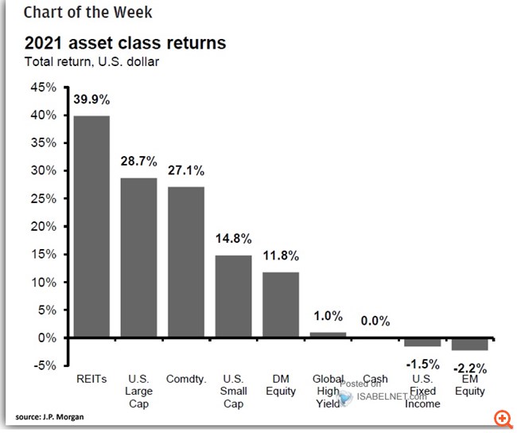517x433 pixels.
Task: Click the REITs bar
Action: point(91,227)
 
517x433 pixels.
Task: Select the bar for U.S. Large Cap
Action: point(138,258)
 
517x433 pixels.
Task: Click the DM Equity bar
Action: point(280,305)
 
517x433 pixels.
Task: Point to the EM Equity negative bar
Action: point(469,344)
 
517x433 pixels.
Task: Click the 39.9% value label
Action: point(91,100)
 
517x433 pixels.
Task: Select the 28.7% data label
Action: point(138,162)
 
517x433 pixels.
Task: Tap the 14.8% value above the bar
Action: point(233,239)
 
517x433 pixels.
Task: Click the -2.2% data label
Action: point(469,369)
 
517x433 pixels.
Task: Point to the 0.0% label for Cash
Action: point(375,321)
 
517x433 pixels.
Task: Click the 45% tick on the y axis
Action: point(44,88)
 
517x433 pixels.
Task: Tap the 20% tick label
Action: point(44,227)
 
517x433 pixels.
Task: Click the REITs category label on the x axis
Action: point(91,380)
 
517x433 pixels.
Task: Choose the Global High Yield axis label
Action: point(327,391)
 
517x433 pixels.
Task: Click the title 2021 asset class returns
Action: point(124,42)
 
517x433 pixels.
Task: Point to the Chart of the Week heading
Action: point(87,12)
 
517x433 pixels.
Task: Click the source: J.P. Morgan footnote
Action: point(49,417)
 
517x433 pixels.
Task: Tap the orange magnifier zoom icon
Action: point(502,419)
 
